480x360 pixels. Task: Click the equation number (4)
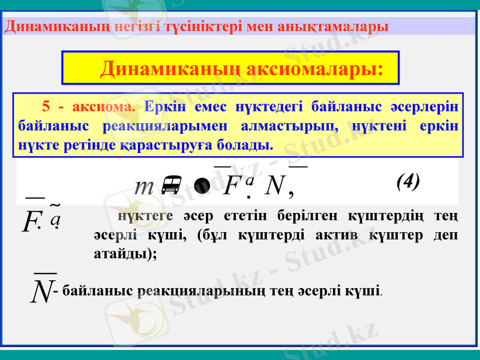408,181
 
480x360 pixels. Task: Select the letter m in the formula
144,187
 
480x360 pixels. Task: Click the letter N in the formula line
274,187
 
